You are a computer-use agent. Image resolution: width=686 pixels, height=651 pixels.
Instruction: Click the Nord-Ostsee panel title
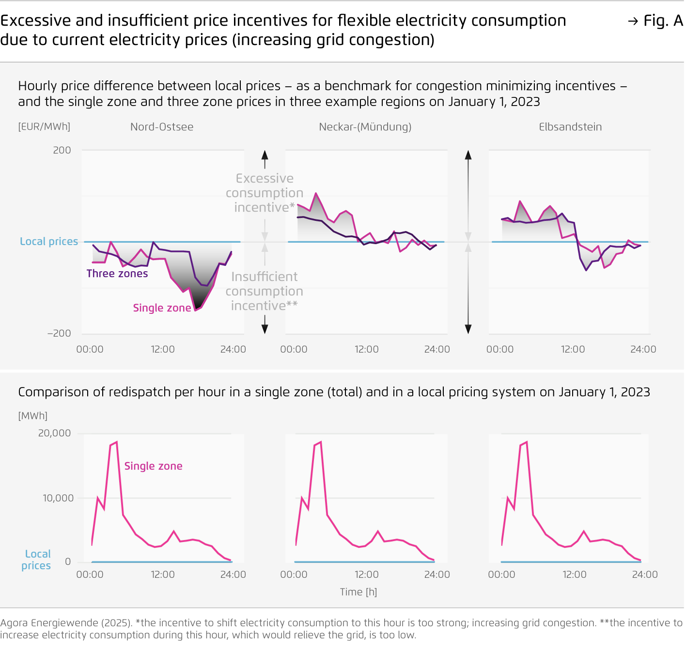(162, 127)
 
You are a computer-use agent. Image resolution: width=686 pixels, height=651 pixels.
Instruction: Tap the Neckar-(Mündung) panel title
(365, 127)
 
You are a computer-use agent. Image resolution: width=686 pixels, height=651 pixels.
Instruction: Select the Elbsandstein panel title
(570, 127)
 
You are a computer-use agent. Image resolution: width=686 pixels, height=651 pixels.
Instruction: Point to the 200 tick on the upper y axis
(62, 150)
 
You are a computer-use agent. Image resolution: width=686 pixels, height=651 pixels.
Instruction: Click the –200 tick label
(59, 333)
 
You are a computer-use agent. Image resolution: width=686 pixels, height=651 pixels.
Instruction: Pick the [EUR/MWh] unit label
(44, 126)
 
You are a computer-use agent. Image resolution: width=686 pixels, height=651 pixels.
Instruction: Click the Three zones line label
(117, 274)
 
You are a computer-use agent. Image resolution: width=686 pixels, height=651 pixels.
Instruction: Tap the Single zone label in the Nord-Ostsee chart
(162, 308)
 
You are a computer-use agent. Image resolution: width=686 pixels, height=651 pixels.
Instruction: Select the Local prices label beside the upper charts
(49, 241)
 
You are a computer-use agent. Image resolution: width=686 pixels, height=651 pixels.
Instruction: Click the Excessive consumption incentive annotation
(265, 193)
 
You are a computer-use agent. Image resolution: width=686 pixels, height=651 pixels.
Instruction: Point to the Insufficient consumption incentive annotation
(265, 291)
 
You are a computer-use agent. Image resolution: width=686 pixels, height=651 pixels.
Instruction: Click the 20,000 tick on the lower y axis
(54, 433)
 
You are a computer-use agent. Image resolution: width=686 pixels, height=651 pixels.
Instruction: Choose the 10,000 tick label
(58, 498)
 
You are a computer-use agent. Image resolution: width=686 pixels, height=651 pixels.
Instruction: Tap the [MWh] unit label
(33, 416)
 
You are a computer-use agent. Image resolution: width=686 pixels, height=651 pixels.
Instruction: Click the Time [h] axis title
(359, 592)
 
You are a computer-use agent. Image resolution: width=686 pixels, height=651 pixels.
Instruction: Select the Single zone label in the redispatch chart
(153, 466)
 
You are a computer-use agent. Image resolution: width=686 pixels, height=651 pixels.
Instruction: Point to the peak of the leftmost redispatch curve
(116, 442)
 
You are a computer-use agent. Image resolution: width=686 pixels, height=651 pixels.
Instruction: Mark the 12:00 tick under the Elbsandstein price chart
(573, 349)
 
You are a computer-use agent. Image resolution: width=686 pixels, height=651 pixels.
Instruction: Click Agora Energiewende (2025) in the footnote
(66, 623)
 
